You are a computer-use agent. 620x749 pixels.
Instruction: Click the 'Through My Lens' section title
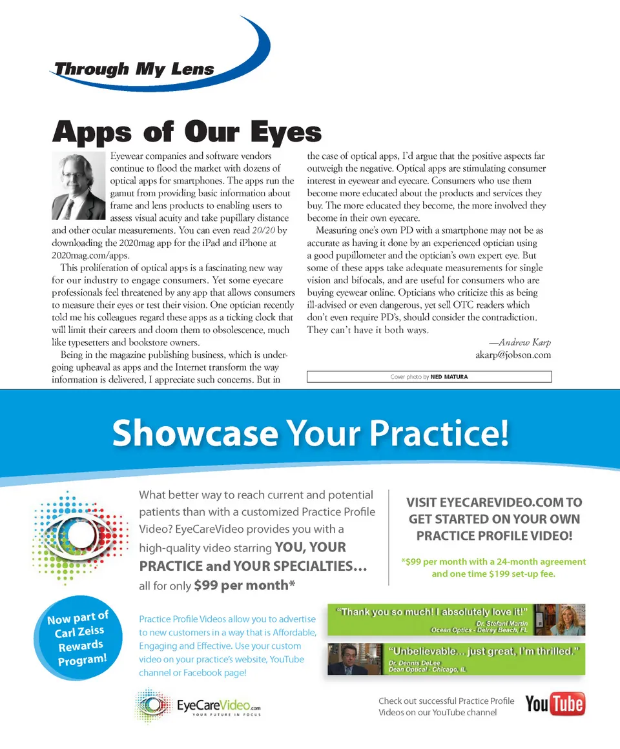pos(134,69)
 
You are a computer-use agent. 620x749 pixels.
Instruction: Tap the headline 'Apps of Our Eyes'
pos(187,132)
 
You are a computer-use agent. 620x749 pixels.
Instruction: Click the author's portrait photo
pos(78,187)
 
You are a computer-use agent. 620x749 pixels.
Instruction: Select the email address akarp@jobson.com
pos(513,354)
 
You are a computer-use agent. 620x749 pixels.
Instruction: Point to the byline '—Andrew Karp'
pos(515,342)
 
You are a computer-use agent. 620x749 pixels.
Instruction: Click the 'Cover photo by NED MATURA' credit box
pos(429,376)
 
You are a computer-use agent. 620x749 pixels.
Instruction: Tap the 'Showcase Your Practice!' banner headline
pos(310,433)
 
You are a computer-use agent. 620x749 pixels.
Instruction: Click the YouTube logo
pos(555,704)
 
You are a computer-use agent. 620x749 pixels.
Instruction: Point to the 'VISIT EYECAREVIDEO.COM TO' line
pos(494,502)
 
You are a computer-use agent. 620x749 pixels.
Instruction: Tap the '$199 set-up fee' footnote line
pos(493,573)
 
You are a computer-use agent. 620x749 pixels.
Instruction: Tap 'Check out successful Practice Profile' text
pos(446,701)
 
